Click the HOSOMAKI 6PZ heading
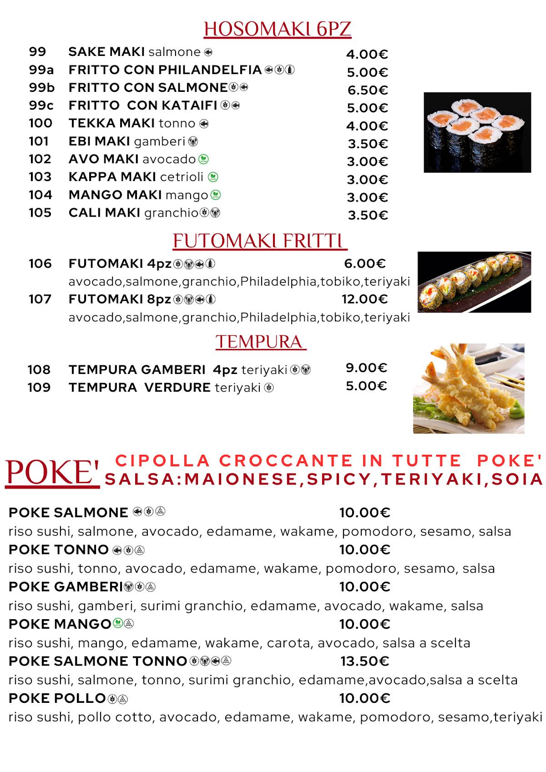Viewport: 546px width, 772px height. pyautogui.click(x=277, y=29)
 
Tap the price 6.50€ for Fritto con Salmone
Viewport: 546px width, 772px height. pyautogui.click(x=367, y=90)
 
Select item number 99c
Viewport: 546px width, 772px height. pyautogui.click(x=41, y=106)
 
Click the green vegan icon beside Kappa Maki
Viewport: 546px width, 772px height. pyautogui.click(x=213, y=177)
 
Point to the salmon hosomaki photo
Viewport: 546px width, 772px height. pyautogui.click(x=477, y=132)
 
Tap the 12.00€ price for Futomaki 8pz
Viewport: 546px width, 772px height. pyautogui.click(x=364, y=299)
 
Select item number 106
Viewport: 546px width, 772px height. pyautogui.click(x=40, y=264)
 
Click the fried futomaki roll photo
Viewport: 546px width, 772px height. pyautogui.click(x=474, y=282)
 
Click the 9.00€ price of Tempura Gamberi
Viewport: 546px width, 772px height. pyautogui.click(x=366, y=368)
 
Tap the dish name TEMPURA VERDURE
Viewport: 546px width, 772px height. pyautogui.click(x=139, y=388)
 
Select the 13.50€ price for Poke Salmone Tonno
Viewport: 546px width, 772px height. pyautogui.click(x=364, y=661)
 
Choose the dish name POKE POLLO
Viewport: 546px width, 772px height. pyautogui.click(x=57, y=698)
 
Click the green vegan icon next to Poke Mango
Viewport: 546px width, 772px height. pyautogui.click(x=117, y=624)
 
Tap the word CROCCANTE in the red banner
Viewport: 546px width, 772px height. pyautogui.click(x=286, y=461)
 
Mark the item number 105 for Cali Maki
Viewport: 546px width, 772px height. pyautogui.click(x=40, y=213)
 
